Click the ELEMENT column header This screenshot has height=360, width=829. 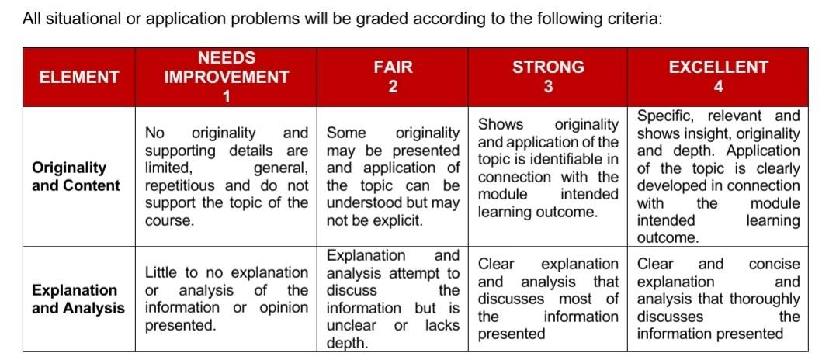tap(79, 77)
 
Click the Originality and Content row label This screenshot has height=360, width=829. tap(76, 176)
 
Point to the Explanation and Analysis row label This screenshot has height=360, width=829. tap(78, 299)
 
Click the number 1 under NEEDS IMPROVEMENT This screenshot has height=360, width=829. tap(226, 96)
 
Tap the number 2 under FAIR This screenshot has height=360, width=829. tap(393, 86)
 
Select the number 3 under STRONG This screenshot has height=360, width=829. tap(548, 86)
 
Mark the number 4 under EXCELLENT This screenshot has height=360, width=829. tap(718, 86)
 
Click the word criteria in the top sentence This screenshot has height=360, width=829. tap(630, 18)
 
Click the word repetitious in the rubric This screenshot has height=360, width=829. tap(182, 185)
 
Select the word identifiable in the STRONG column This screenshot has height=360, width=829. tap(566, 159)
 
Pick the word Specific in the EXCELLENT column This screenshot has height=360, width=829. tap(664, 116)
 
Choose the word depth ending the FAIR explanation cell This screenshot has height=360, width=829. tap(346, 342)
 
